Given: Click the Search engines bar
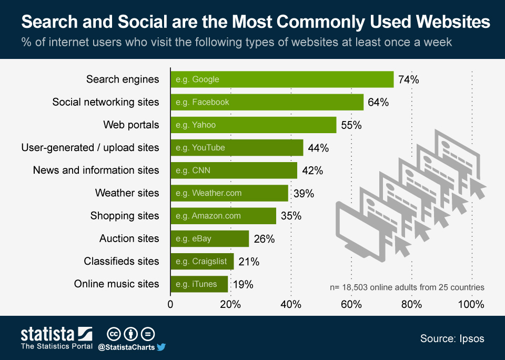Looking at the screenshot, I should click(282, 79).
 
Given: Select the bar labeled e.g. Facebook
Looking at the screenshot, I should click(267, 102).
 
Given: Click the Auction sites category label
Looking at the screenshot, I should click(129, 238).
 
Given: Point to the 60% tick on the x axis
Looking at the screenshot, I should click(351, 304).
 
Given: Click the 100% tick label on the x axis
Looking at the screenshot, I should click(471, 304).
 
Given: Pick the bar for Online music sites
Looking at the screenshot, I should click(199, 284).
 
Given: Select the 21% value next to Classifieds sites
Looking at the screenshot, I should click(249, 262).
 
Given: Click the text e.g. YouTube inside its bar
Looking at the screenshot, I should click(200, 148).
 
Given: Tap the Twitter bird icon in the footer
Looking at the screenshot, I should click(161, 347).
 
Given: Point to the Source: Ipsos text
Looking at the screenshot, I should click(452, 338).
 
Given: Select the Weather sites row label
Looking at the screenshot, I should click(127, 193).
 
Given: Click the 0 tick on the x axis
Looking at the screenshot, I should click(170, 304).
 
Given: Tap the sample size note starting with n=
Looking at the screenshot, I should click(407, 287).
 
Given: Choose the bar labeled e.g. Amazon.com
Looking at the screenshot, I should click(223, 216).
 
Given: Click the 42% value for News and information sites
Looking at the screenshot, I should click(312, 171).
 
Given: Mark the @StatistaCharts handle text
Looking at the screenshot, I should click(126, 347).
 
